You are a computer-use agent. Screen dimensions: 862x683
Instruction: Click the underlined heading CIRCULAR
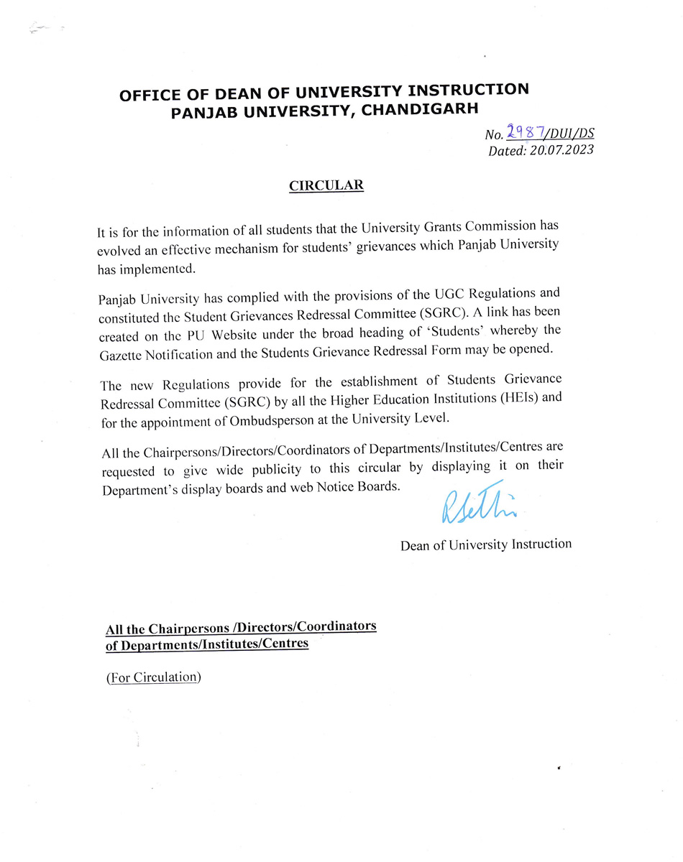[x=326, y=185]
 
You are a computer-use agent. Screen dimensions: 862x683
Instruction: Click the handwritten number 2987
[x=524, y=131]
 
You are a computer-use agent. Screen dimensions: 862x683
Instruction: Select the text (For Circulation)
[x=153, y=677]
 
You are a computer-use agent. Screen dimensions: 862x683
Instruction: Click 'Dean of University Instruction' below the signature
[x=486, y=544]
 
